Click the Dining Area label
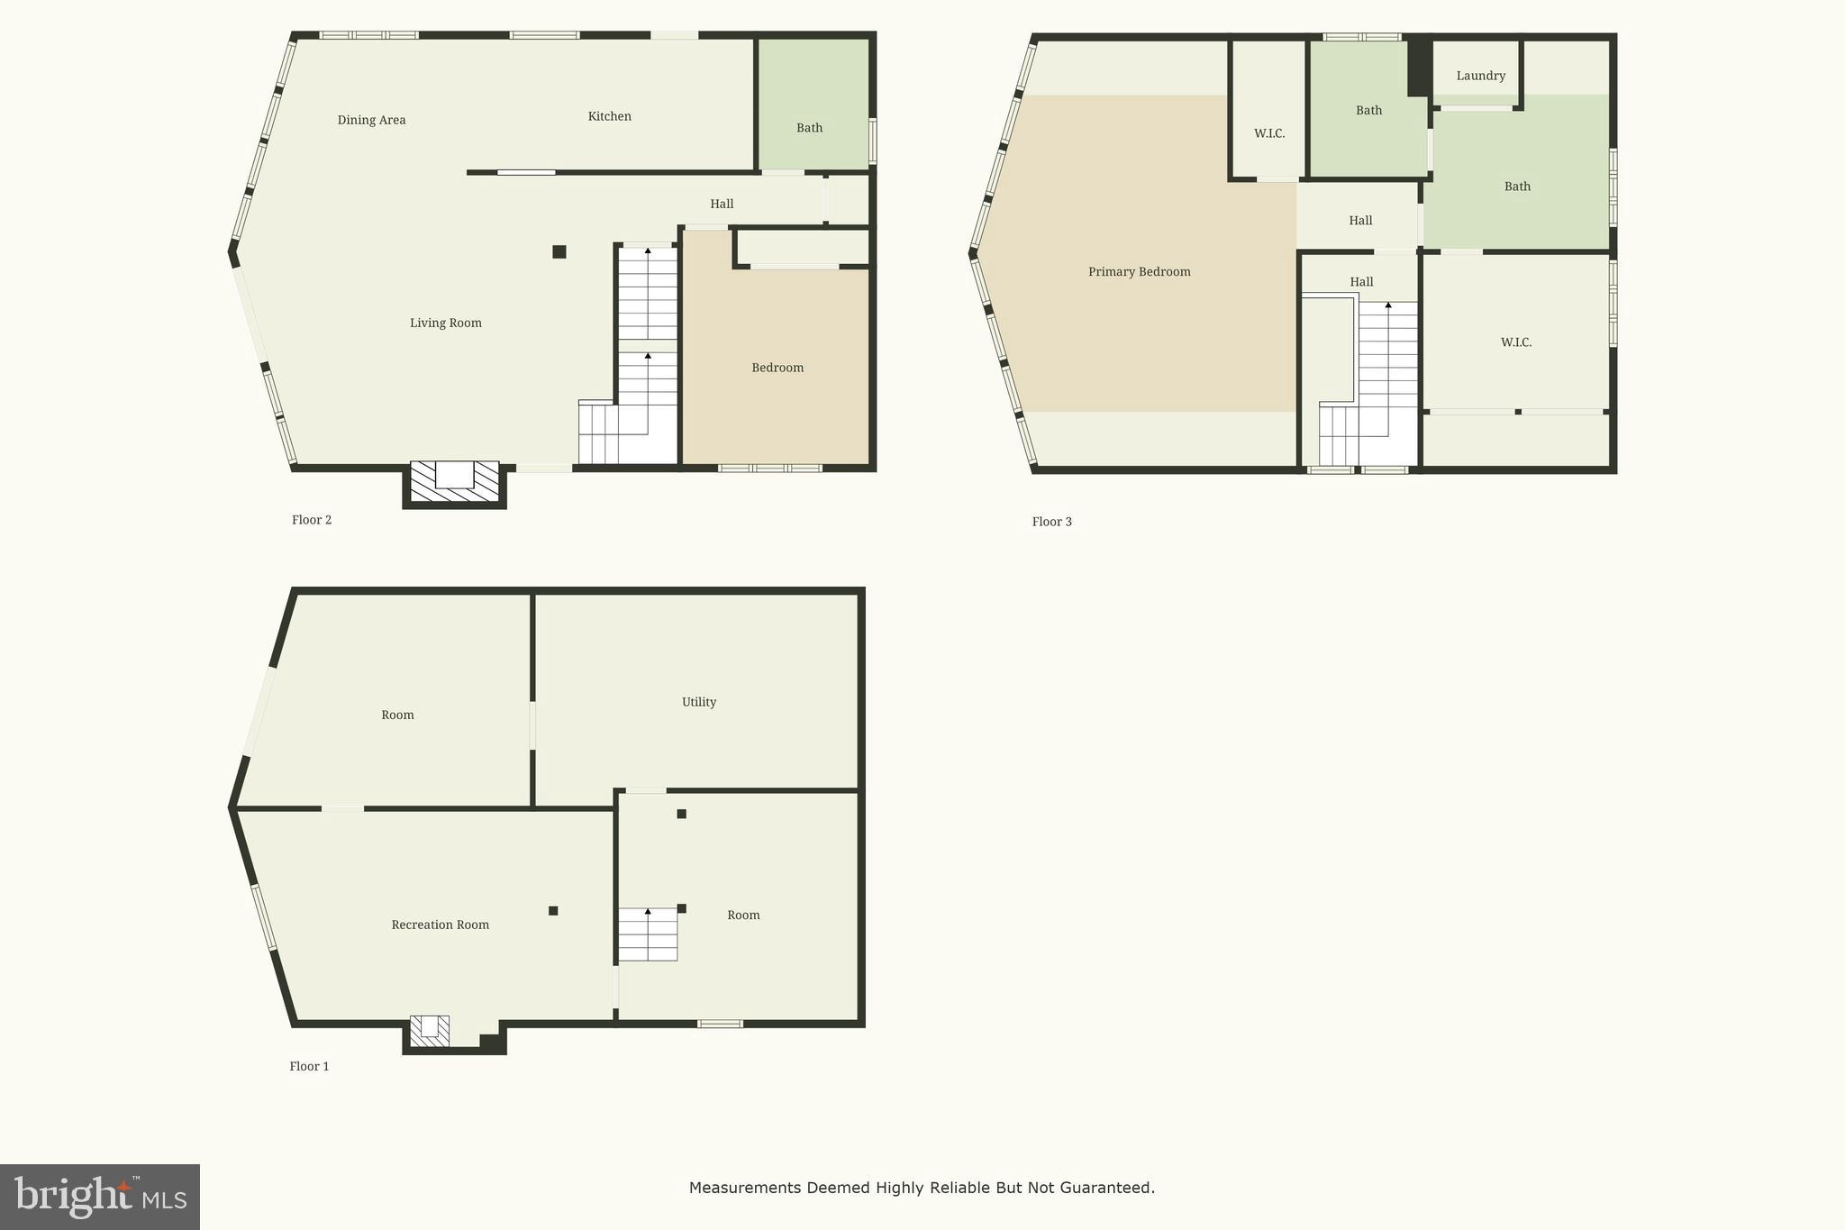371,120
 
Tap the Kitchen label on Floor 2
609,116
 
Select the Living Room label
445,323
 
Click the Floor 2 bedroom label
777,368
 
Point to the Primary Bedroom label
1139,271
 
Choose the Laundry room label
1480,76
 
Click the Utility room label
698,702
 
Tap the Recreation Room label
440,925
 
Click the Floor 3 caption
1051,522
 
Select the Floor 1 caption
309,1066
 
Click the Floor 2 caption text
311,520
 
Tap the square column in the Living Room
559,251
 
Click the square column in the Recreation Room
553,910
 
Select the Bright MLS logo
100,1197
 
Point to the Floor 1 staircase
647,934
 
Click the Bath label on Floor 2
809,128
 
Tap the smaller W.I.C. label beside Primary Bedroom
1268,133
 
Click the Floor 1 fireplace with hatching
430,1031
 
